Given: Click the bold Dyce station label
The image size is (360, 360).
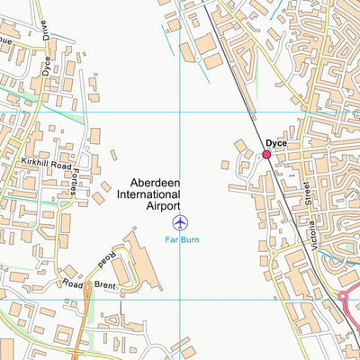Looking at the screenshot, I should [x=276, y=143].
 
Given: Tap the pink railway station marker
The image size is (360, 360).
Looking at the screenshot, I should [x=266, y=156].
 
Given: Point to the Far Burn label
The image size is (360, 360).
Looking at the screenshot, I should [x=181, y=239].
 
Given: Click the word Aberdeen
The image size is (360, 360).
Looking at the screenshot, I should [x=155, y=181].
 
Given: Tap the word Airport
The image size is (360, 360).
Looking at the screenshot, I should [x=163, y=206].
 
